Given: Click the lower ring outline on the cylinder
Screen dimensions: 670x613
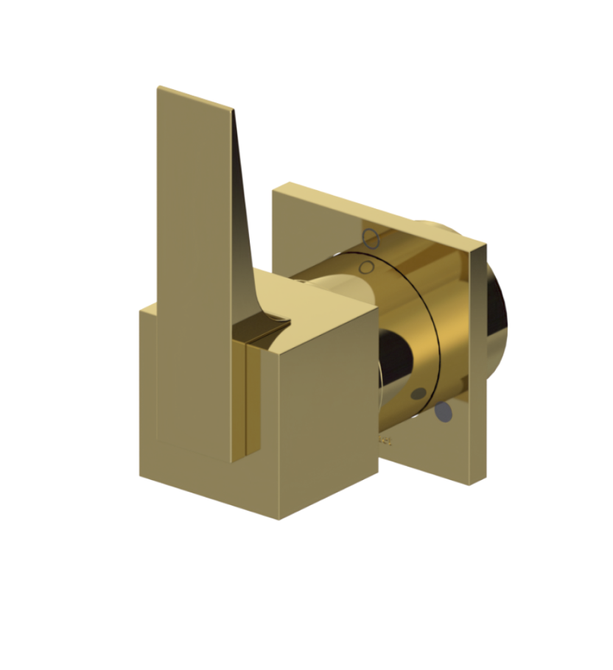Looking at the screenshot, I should (369, 265).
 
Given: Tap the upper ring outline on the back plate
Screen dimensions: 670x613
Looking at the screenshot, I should (372, 239).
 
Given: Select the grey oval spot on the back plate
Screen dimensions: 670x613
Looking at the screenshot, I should (442, 412).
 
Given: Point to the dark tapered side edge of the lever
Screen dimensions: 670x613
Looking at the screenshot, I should (244, 199).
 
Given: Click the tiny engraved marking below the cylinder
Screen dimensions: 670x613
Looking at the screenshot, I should (385, 442).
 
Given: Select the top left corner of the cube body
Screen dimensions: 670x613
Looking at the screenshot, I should (141, 311).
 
